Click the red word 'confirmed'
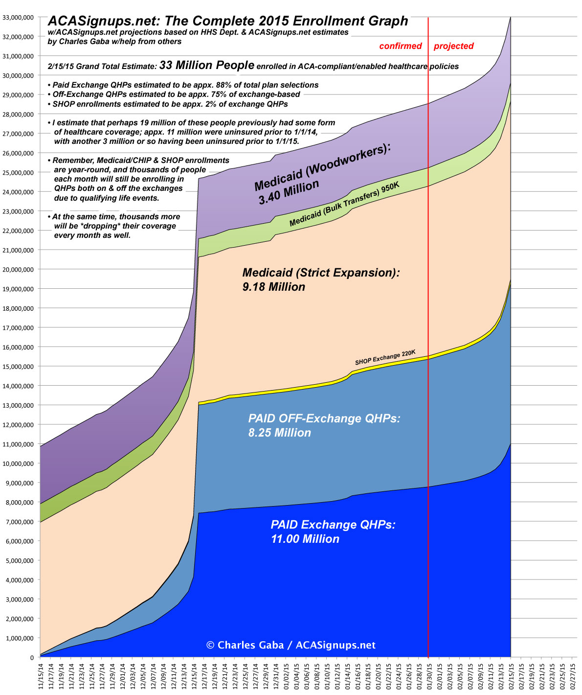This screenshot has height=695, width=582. (x=401, y=46)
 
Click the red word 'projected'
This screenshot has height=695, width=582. (x=453, y=46)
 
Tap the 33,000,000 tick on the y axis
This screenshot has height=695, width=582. (x=18, y=18)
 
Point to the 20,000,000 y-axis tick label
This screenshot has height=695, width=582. (x=18, y=270)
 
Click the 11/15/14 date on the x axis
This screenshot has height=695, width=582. (x=40, y=675)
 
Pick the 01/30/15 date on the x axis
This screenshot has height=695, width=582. (x=428, y=675)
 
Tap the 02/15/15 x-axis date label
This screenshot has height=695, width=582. (x=511, y=675)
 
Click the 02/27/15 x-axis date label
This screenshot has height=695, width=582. (x=572, y=675)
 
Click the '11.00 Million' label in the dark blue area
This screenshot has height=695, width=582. (x=305, y=539)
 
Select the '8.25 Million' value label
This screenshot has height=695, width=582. (x=279, y=433)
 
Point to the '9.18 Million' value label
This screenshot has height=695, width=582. (x=273, y=287)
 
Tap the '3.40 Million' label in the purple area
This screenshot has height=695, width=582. (x=289, y=192)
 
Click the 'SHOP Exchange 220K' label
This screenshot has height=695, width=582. (x=385, y=358)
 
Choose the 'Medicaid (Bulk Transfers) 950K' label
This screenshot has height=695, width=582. (x=344, y=205)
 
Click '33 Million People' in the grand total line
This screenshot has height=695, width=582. (x=206, y=65)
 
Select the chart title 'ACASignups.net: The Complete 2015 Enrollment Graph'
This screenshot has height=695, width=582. (x=227, y=21)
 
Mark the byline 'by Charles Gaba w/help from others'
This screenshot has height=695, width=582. (x=114, y=42)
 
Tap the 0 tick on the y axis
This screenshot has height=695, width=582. (x=31, y=657)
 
